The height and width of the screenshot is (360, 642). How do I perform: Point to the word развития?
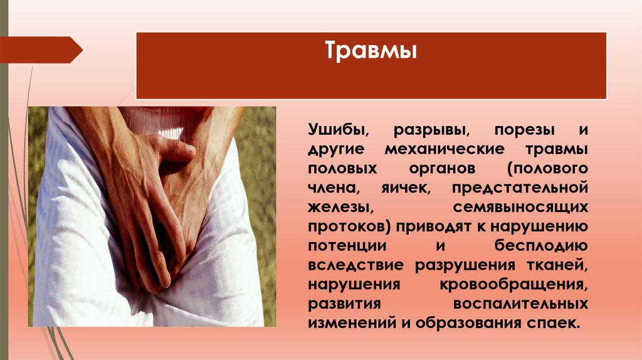click(344, 304)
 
